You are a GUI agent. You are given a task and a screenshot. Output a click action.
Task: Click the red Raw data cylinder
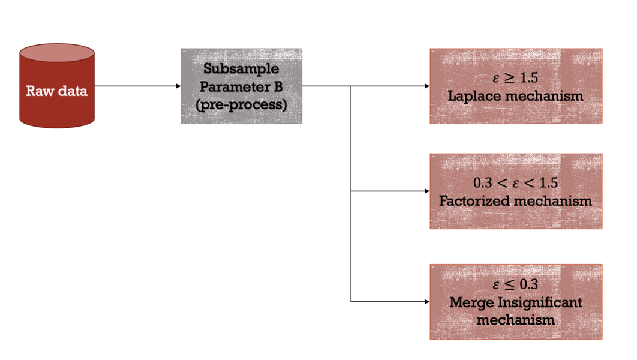(x=57, y=90)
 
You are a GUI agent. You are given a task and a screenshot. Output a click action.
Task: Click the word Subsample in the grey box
(x=241, y=69)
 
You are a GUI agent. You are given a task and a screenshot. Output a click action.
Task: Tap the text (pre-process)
(x=242, y=105)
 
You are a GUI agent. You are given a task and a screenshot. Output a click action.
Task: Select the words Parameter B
(x=241, y=87)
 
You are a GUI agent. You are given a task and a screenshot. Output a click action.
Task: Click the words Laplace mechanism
(x=516, y=96)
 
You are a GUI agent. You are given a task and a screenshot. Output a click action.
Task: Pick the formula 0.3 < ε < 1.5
(x=516, y=182)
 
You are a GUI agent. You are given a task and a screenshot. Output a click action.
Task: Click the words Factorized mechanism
(x=516, y=200)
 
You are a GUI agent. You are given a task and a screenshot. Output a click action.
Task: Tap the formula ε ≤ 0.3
(x=516, y=284)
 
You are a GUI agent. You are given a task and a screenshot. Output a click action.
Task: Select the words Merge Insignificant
(x=516, y=302)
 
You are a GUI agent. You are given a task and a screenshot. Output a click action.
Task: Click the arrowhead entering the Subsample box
(x=178, y=86)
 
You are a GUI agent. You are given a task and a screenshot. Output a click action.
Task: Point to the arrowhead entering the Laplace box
(x=426, y=86)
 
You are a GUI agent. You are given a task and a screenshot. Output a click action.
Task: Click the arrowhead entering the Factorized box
(x=426, y=192)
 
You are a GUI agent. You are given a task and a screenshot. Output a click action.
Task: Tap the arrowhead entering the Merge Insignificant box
(x=426, y=301)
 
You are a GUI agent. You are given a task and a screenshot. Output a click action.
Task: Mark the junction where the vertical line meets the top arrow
(x=351, y=86)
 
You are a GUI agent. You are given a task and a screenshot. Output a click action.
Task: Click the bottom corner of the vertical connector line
(x=351, y=301)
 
